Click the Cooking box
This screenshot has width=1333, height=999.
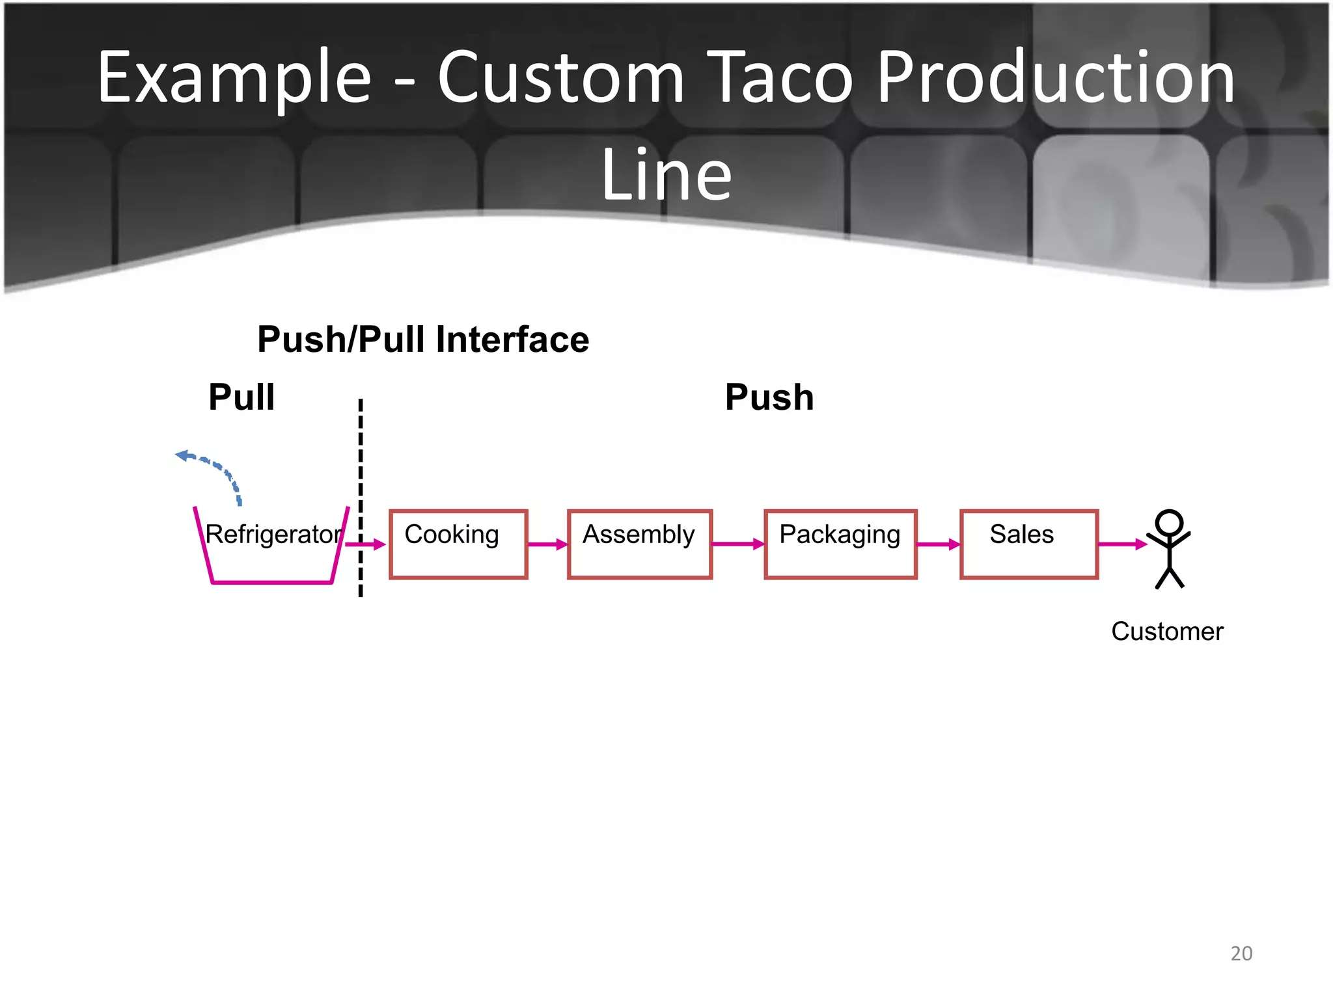tap(458, 544)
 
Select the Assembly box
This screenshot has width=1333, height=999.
tap(639, 544)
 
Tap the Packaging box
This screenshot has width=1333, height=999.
tap(840, 544)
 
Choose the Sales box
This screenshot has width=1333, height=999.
tap(1029, 544)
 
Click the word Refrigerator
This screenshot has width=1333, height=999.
tap(273, 535)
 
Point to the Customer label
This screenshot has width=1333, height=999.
tap(1167, 632)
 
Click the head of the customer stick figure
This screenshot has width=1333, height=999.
tap(1169, 522)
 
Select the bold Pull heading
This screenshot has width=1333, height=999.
tap(241, 397)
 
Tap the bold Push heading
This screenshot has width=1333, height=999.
tap(769, 397)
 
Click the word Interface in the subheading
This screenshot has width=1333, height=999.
tap(512, 340)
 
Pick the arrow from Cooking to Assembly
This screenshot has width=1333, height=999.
tap(547, 544)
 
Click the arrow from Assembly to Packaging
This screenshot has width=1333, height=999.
tap(738, 544)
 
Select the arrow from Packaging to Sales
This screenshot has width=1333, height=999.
tap(939, 544)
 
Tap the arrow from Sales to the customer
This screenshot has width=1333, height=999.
tap(1122, 544)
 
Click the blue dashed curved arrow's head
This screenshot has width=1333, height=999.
tap(183, 455)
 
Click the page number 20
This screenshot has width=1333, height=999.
tap(1241, 953)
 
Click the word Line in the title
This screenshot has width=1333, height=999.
tap(666, 174)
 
